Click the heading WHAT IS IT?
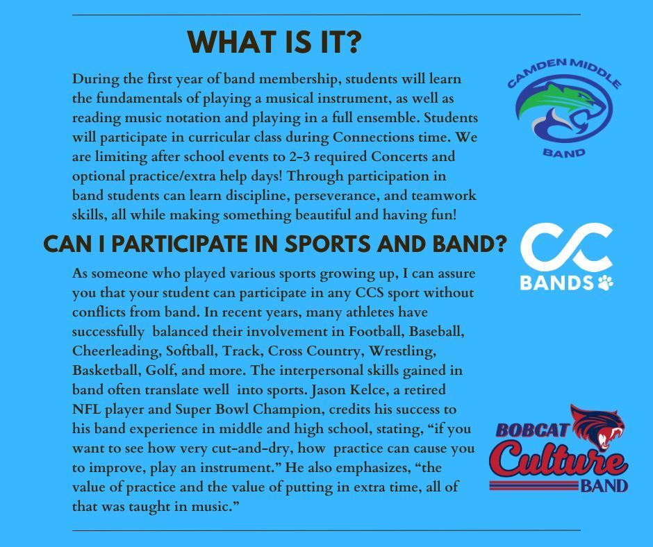coord(274,43)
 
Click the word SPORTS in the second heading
coord(313,244)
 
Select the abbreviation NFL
coord(87,409)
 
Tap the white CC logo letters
coord(566,249)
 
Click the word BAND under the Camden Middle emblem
coord(564,152)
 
